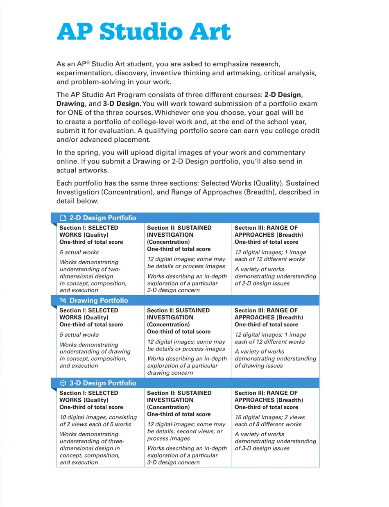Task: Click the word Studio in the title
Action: pos(143,32)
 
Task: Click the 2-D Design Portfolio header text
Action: pos(103,218)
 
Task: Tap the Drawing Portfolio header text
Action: pos(99,301)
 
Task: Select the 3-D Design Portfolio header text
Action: pos(103,383)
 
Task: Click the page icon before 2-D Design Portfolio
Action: pos(63,218)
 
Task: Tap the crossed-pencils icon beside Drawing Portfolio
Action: pos(63,301)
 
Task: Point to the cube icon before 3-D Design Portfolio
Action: pos(63,383)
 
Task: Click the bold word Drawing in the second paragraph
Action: pos(70,104)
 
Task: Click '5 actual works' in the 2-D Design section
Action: pos(79,252)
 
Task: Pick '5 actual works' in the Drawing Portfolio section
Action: pos(79,335)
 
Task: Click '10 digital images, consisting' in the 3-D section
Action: pos(98,417)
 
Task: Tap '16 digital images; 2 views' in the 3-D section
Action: pos(269,417)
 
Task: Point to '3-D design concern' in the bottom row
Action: pos(173,462)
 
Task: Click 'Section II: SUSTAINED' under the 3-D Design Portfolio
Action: pos(179,393)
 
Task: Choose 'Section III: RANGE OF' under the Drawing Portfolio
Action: pos(266,310)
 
